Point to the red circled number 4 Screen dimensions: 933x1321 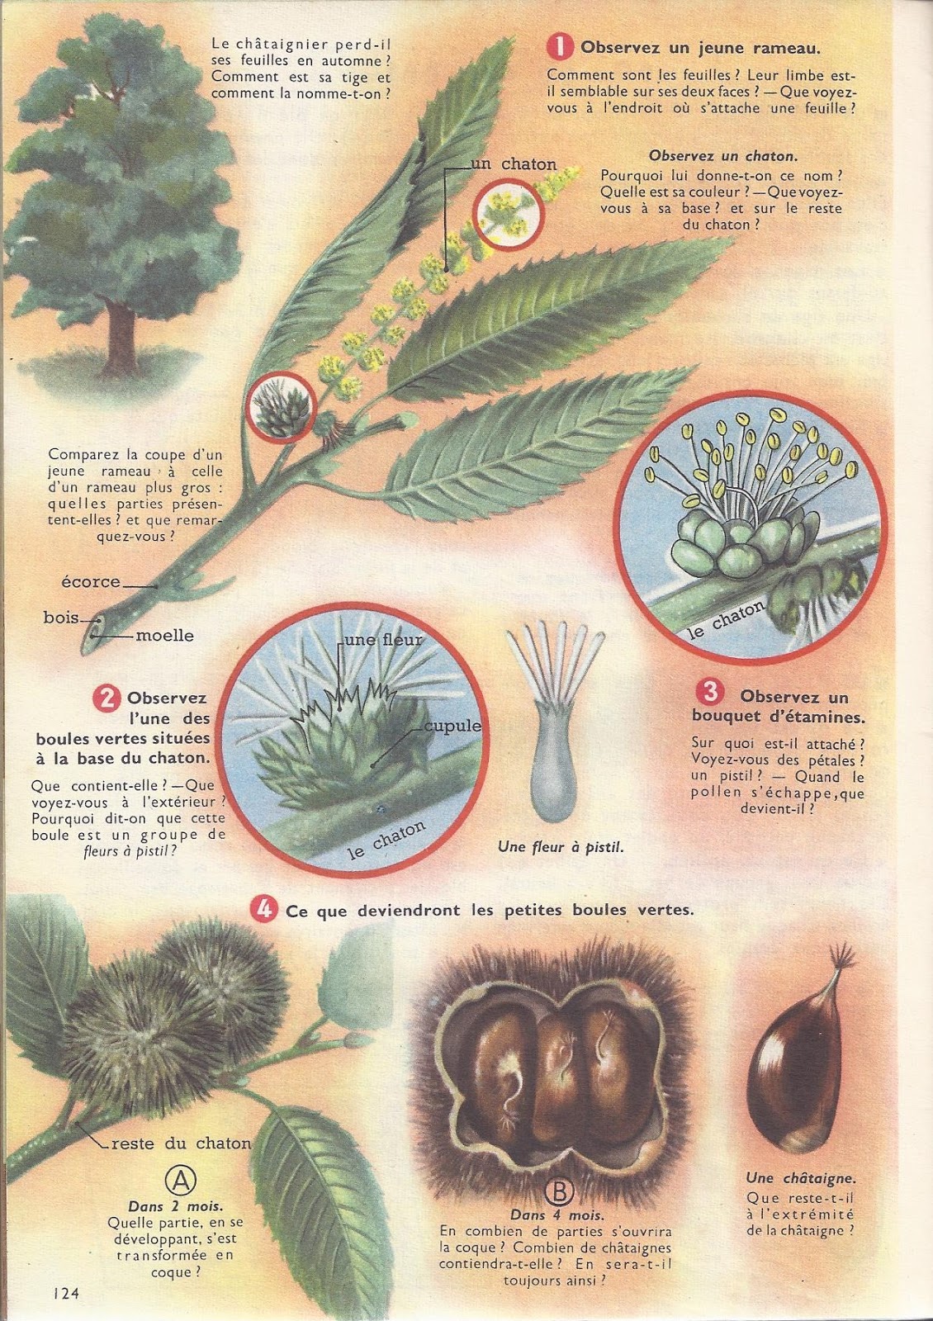263,909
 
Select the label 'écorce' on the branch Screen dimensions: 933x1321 91,581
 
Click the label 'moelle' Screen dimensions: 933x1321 164,636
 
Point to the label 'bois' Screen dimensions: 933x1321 61,618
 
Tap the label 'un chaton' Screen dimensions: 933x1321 514,164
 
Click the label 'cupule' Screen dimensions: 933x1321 453,726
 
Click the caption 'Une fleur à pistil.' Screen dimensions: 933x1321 561,848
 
